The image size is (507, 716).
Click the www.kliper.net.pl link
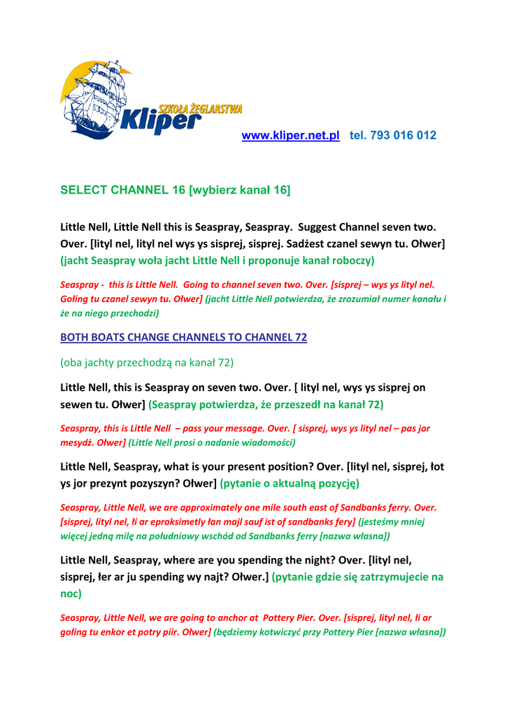click(x=290, y=136)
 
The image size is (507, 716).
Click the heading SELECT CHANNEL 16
click(x=123, y=190)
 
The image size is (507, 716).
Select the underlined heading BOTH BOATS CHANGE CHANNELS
click(x=183, y=337)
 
